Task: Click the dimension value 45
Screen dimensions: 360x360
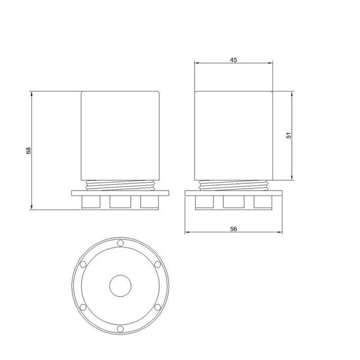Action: (x=233, y=60)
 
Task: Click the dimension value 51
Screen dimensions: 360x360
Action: (x=289, y=135)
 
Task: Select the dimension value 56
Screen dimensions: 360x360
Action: (x=233, y=229)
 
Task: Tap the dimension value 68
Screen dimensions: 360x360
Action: (x=28, y=151)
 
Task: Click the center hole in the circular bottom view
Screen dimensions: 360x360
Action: (x=120, y=286)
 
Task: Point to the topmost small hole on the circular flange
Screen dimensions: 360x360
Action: (x=120, y=243)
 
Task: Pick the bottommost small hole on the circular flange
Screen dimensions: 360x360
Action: (x=120, y=329)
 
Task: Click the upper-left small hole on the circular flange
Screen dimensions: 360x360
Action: (x=83, y=264)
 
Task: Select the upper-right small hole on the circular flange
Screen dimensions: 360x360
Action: (x=158, y=264)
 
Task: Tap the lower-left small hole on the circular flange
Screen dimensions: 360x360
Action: (x=83, y=307)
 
